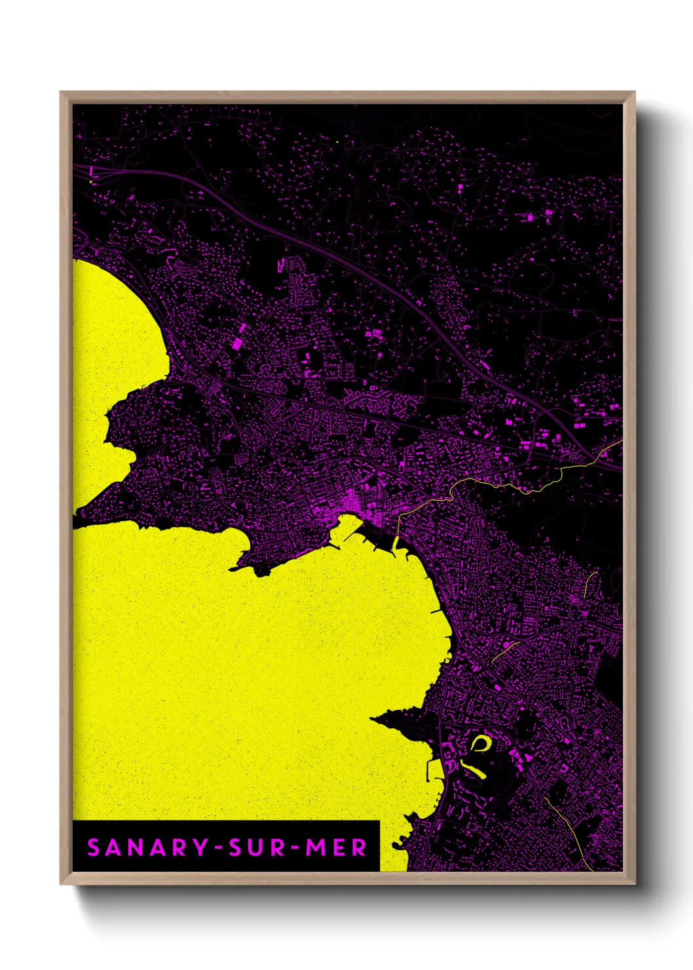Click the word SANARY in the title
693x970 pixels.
click(147, 847)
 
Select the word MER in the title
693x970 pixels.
click(336, 847)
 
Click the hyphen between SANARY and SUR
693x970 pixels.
click(218, 848)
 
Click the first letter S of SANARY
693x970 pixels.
click(94, 847)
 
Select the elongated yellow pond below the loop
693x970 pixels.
click(474, 769)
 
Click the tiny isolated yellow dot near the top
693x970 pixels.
click(337, 142)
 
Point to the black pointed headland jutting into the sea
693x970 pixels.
click(393, 721)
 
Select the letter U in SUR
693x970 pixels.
click(256, 847)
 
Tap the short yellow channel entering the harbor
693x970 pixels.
click(396, 543)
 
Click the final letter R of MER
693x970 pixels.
click(359, 847)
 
